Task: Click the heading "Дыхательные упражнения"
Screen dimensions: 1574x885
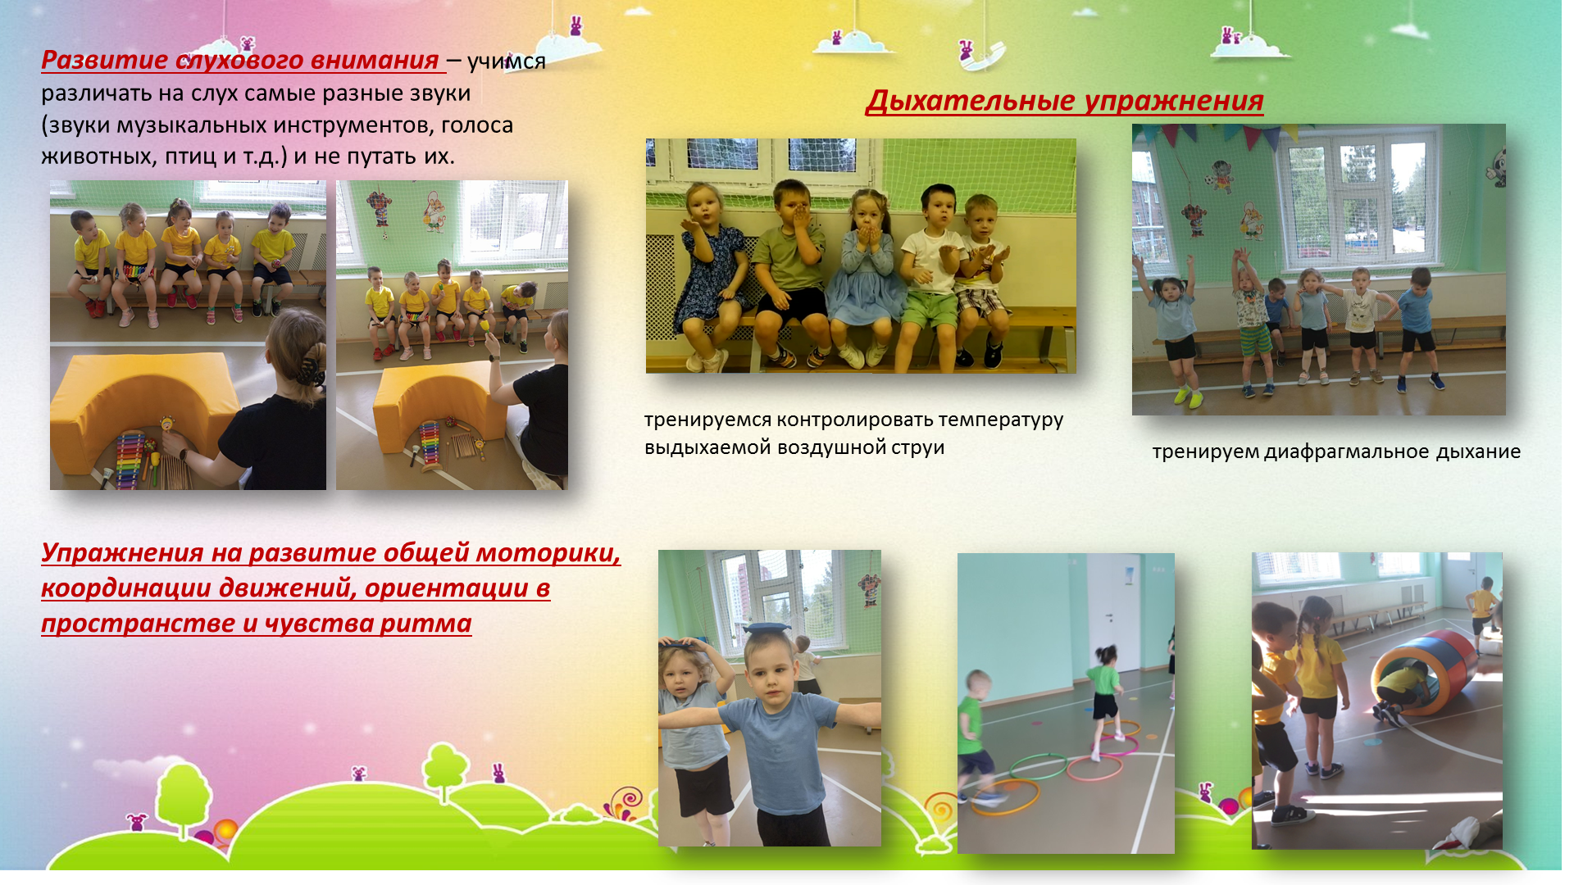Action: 1064,101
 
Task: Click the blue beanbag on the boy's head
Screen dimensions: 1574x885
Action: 767,627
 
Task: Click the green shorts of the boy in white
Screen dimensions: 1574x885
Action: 930,310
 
